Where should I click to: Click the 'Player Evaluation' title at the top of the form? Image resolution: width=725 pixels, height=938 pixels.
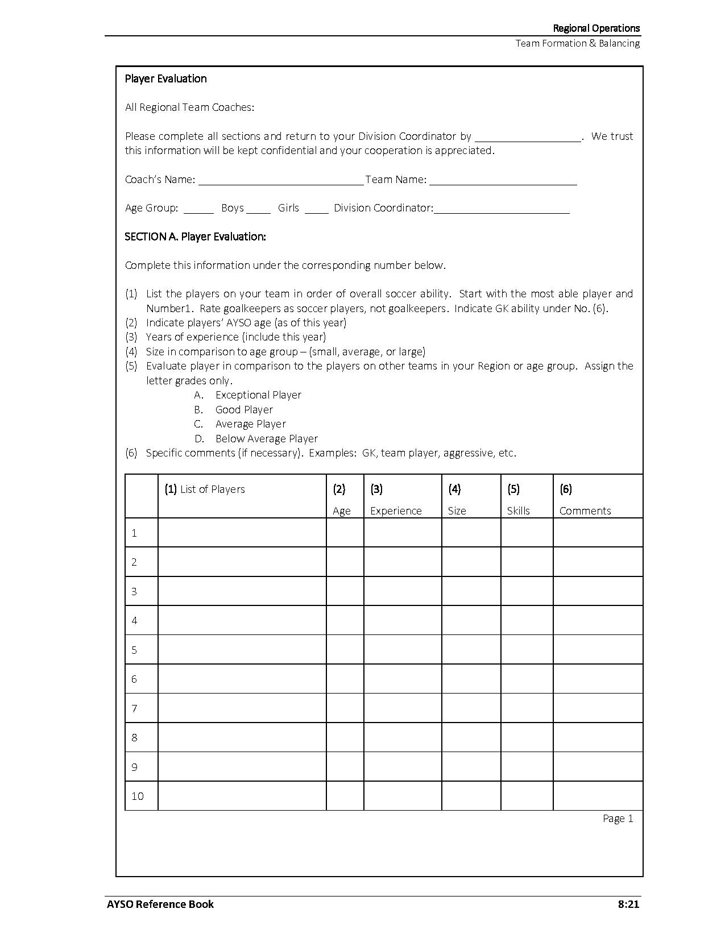pos(165,78)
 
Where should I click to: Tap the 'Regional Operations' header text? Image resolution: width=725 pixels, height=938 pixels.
pos(596,28)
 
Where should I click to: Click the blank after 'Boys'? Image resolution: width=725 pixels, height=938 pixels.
pos(259,209)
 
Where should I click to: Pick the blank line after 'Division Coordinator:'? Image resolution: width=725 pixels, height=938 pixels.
pos(502,209)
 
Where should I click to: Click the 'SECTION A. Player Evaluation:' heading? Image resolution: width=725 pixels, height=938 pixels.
pos(195,236)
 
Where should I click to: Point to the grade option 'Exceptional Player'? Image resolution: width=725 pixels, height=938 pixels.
pos(258,395)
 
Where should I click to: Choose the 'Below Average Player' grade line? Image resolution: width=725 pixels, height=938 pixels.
pos(266,438)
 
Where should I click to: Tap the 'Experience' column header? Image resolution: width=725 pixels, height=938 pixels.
pos(396,510)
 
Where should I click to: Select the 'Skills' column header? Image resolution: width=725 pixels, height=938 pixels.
pos(518,510)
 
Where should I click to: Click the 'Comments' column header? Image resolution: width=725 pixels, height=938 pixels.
pos(585,510)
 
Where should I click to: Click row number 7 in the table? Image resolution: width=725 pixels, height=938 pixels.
pos(135,708)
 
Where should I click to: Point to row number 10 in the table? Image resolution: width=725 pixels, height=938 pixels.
pos(138,796)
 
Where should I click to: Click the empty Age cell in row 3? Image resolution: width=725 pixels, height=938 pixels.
pos(345,591)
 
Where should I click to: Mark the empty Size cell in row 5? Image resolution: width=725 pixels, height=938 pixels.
pos(471,650)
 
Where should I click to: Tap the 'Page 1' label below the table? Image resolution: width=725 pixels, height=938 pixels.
pos(618,818)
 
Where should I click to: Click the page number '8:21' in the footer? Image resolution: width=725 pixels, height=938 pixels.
pos(628,904)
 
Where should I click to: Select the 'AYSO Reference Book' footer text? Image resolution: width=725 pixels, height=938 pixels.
pos(160,904)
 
